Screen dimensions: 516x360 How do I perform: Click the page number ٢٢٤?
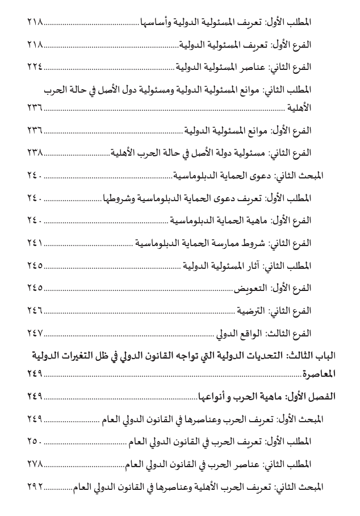(35, 66)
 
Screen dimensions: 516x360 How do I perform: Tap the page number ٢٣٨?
(35, 153)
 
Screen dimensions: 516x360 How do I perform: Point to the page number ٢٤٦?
(35, 310)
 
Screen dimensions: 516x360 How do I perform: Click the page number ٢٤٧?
(35, 332)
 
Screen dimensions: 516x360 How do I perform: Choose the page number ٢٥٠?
(35, 440)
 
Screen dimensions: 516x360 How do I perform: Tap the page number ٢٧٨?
(35, 463)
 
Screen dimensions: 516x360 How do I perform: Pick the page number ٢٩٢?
(35, 486)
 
